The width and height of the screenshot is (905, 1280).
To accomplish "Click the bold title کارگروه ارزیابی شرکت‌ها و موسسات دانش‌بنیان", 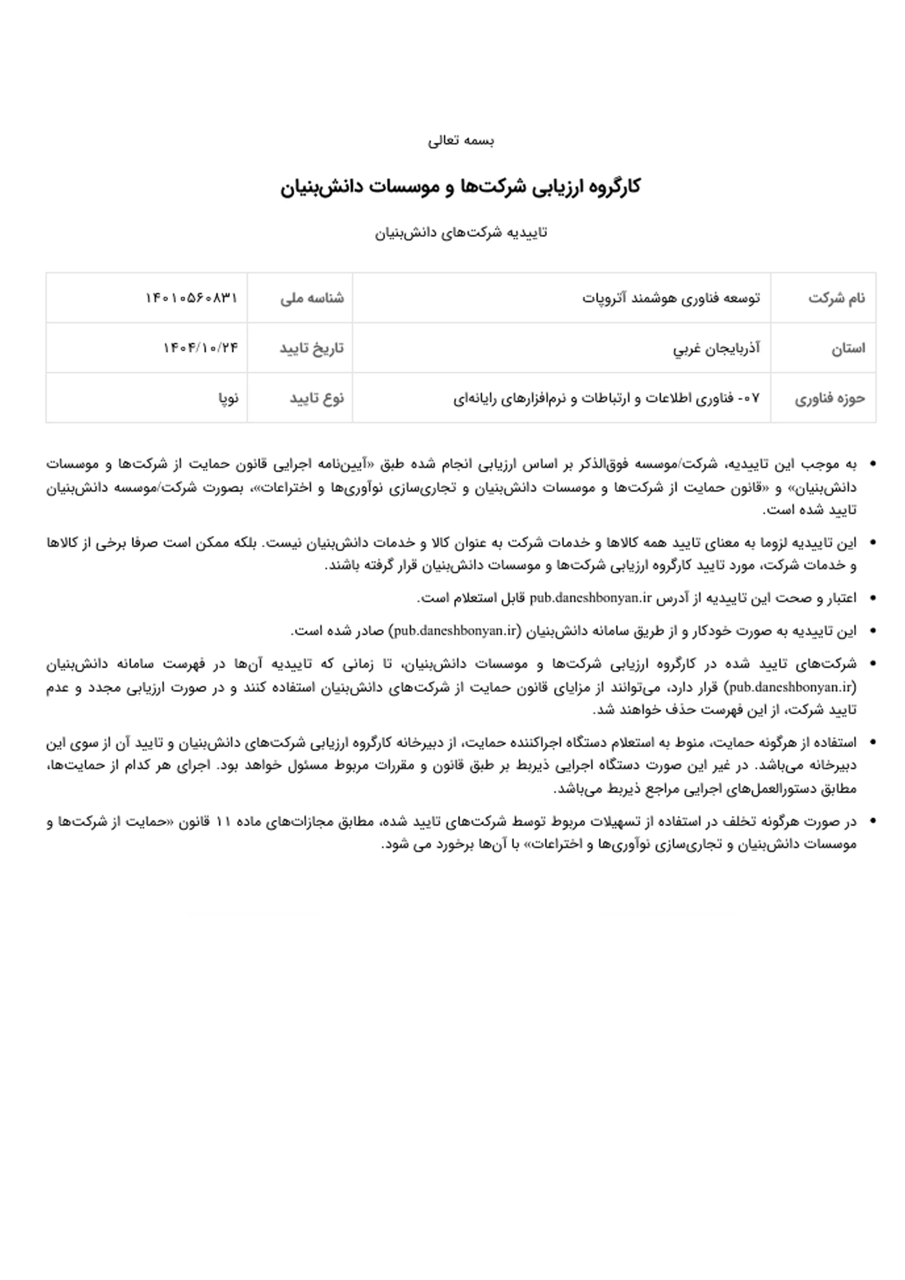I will tap(460, 186).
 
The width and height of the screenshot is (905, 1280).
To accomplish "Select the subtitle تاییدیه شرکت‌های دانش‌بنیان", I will tap(461, 232).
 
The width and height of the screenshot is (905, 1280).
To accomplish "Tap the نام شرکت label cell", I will tap(836, 298).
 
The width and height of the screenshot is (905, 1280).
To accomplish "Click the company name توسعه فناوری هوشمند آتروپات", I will tap(671, 298).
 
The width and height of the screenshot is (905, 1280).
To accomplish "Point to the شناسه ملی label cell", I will tap(312, 298).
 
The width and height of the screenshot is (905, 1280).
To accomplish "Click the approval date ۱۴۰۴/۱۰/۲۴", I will tap(201, 348).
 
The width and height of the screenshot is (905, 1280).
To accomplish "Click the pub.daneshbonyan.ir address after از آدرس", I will tap(590, 598).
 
